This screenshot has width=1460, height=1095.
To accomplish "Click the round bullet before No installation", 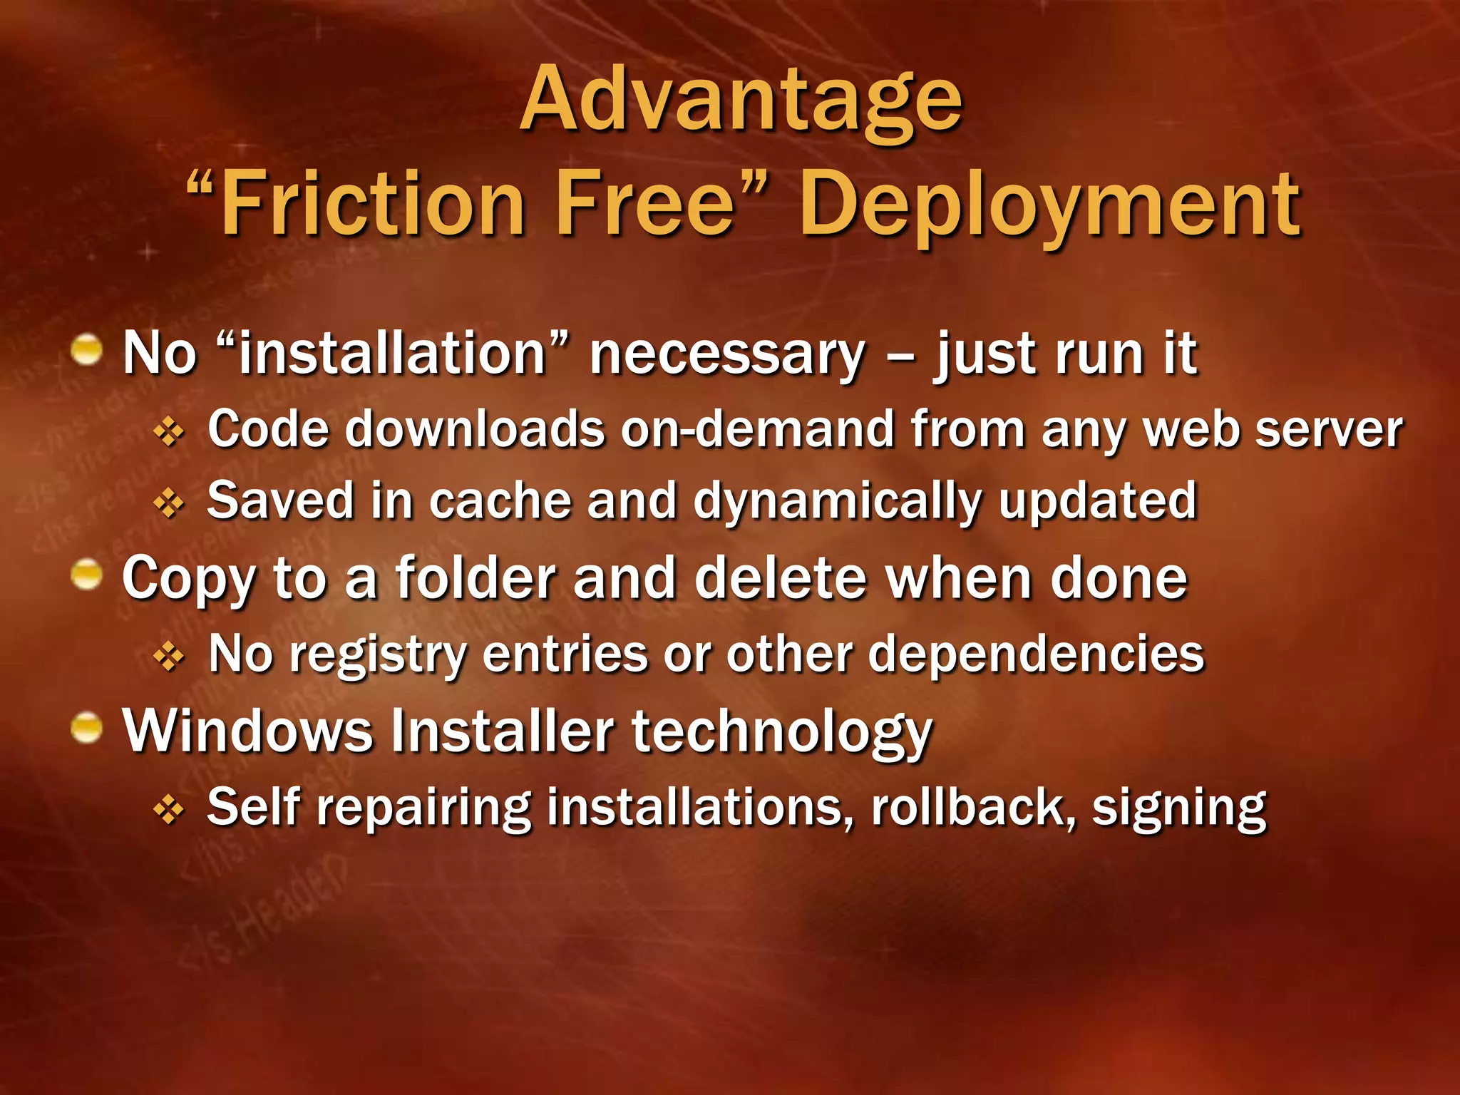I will pyautogui.click(x=88, y=350).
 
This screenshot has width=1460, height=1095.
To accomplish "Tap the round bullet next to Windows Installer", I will pyautogui.click(x=88, y=728).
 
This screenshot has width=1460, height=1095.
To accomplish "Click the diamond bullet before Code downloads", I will pyautogui.click(x=169, y=431).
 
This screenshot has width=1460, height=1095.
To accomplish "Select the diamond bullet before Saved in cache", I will pyautogui.click(x=169, y=503).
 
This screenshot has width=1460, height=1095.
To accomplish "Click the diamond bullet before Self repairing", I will pyautogui.click(x=169, y=810).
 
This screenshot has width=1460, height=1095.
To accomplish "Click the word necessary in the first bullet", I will pyautogui.click(x=727, y=354).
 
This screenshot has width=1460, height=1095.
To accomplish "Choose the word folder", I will pyautogui.click(x=475, y=578).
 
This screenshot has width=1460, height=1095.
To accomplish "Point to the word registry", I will pyautogui.click(x=377, y=655).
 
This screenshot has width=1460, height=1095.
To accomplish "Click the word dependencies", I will pyautogui.click(x=1036, y=655).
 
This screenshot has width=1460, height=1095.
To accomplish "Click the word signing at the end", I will pyautogui.click(x=1179, y=810).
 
